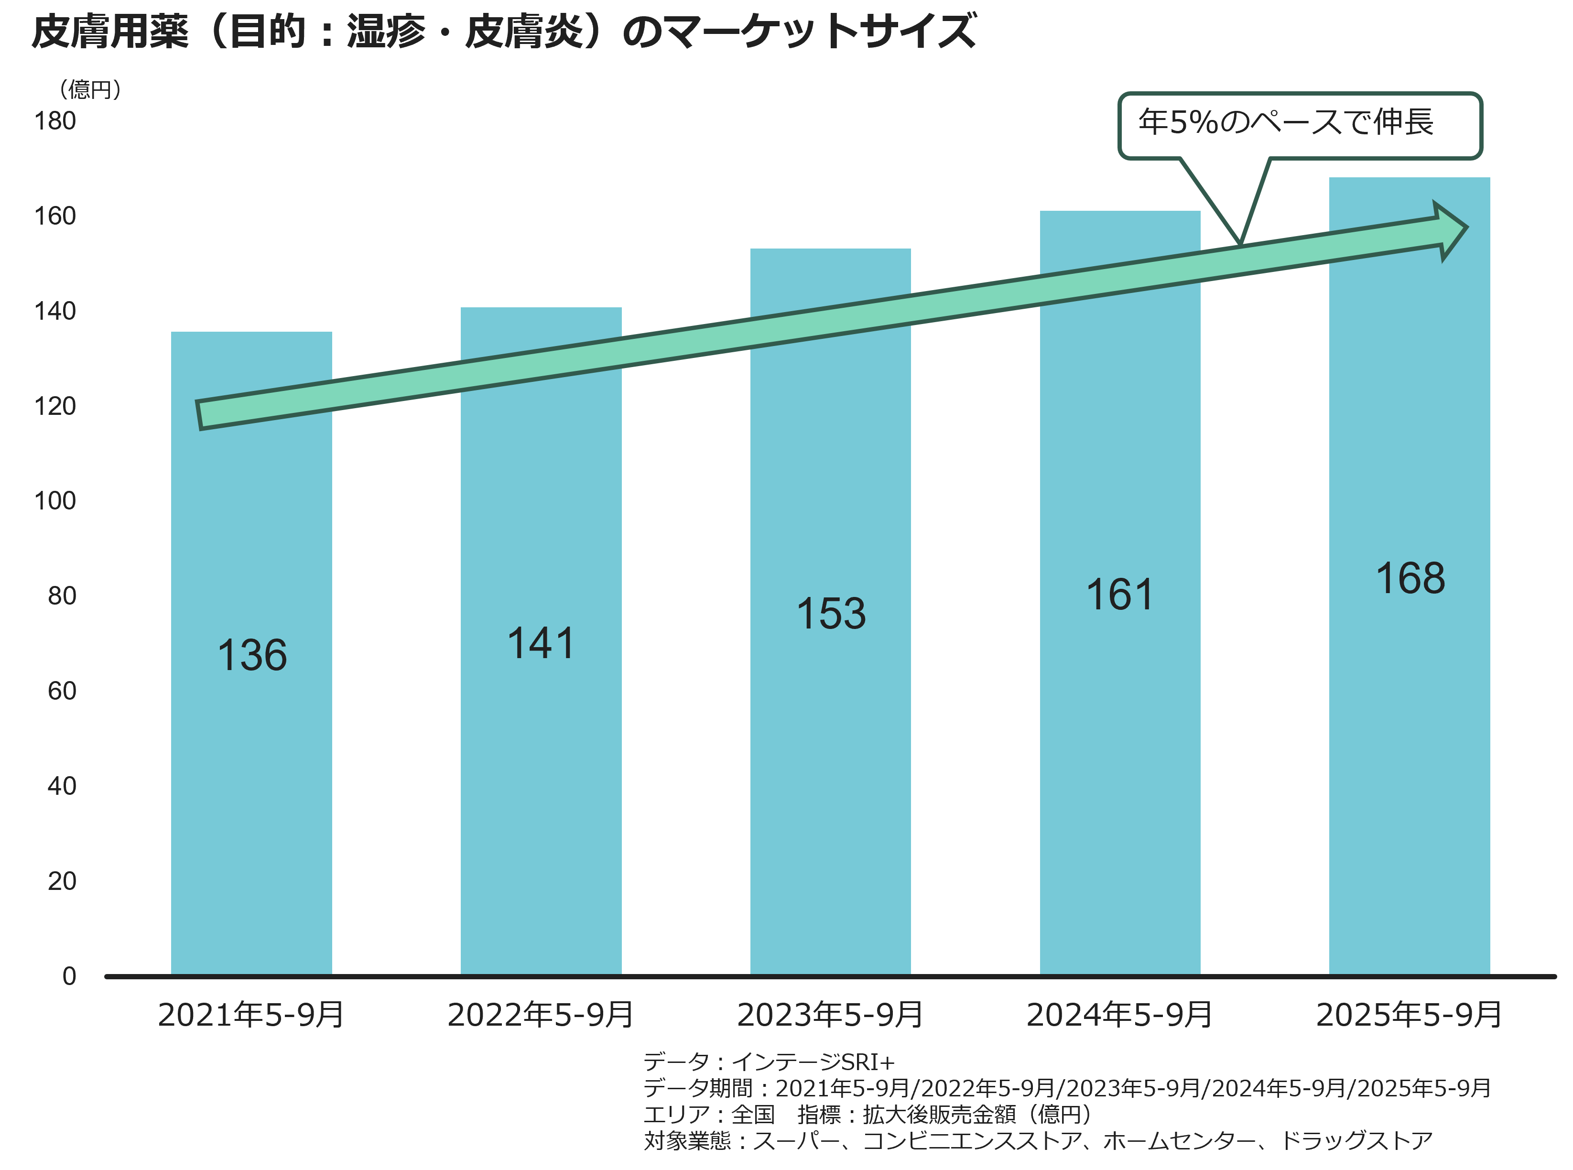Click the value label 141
tap(541, 644)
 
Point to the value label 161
tap(1120, 594)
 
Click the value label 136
tap(252, 655)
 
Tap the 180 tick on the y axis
tap(55, 121)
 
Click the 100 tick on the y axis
tap(55, 501)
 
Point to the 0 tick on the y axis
tap(69, 976)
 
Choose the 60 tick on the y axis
tap(62, 691)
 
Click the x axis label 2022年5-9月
tap(541, 1015)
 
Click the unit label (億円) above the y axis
tap(91, 89)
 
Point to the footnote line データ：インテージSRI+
tap(769, 1062)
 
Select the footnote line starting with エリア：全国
tap(868, 1114)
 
